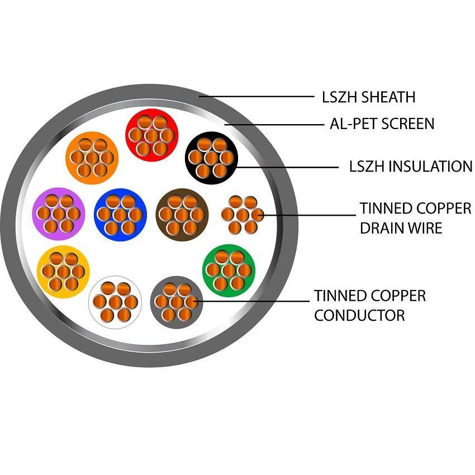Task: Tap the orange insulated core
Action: [92, 157]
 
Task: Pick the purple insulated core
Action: [59, 213]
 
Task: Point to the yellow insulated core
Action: [63, 272]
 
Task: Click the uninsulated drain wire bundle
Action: [243, 214]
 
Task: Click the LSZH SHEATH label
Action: [368, 97]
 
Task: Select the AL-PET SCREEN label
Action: [382, 123]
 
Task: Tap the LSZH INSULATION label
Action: [410, 167]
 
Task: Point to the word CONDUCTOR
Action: [359, 315]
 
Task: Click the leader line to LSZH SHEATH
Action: [257, 97]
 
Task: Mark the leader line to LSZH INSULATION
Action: [285, 167]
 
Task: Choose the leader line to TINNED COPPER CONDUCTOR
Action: [251, 302]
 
